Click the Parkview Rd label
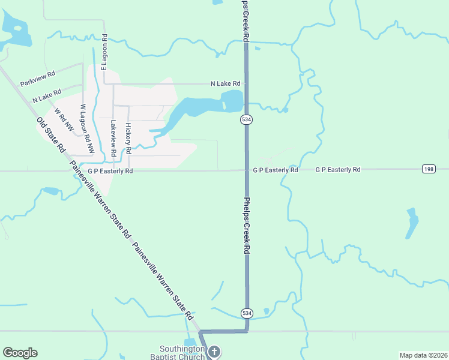[x=37, y=78]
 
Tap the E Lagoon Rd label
[x=104, y=52]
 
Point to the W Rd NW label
[x=64, y=119]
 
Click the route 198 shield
[x=428, y=169]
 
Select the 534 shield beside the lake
[x=246, y=119]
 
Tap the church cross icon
[x=214, y=352]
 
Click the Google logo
[x=20, y=353]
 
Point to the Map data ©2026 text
[x=423, y=355]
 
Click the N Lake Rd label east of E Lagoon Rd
[x=225, y=83]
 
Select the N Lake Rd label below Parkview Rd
[x=47, y=95]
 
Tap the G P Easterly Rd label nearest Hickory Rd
[x=110, y=171]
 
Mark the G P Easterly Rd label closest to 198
[x=338, y=170]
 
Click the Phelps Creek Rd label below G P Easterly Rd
[x=246, y=225]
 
